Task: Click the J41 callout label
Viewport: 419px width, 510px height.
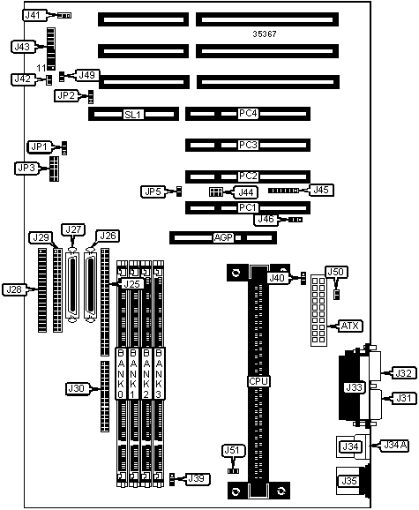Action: click(33, 15)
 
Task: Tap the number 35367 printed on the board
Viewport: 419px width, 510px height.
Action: click(265, 34)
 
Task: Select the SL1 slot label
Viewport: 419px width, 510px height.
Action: click(133, 115)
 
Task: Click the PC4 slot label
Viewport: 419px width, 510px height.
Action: click(248, 114)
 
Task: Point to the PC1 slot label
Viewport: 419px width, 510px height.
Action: click(248, 207)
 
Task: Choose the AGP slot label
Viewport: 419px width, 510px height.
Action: click(223, 237)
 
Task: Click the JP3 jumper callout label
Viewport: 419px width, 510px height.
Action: click(26, 169)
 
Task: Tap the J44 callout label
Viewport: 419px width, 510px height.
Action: click(246, 192)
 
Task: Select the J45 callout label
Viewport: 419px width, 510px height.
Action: click(321, 190)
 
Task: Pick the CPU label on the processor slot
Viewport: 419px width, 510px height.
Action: click(258, 381)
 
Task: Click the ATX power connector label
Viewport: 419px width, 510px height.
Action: click(350, 326)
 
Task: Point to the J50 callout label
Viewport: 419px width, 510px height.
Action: click(336, 272)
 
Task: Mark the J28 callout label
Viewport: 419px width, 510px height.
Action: click(14, 289)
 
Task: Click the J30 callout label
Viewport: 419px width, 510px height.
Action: click(77, 388)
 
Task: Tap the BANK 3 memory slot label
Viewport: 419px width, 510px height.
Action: click(159, 373)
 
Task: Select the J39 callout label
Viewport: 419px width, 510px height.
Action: click(197, 478)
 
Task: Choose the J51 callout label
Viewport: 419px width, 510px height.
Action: click(233, 451)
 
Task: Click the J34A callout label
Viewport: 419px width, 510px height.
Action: click(394, 446)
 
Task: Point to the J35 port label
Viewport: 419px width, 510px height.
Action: click(349, 481)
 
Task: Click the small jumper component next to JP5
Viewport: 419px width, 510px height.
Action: click(178, 191)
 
